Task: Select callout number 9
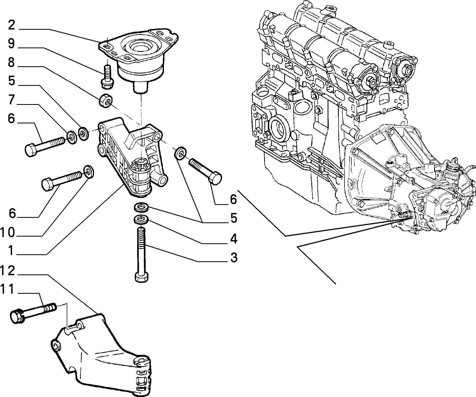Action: click(12, 44)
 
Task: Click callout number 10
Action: click(8, 233)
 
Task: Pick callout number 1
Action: click(11, 251)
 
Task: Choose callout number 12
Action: click(8, 271)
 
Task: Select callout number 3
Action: click(234, 258)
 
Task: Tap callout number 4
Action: click(234, 239)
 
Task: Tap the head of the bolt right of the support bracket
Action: click(215, 178)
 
